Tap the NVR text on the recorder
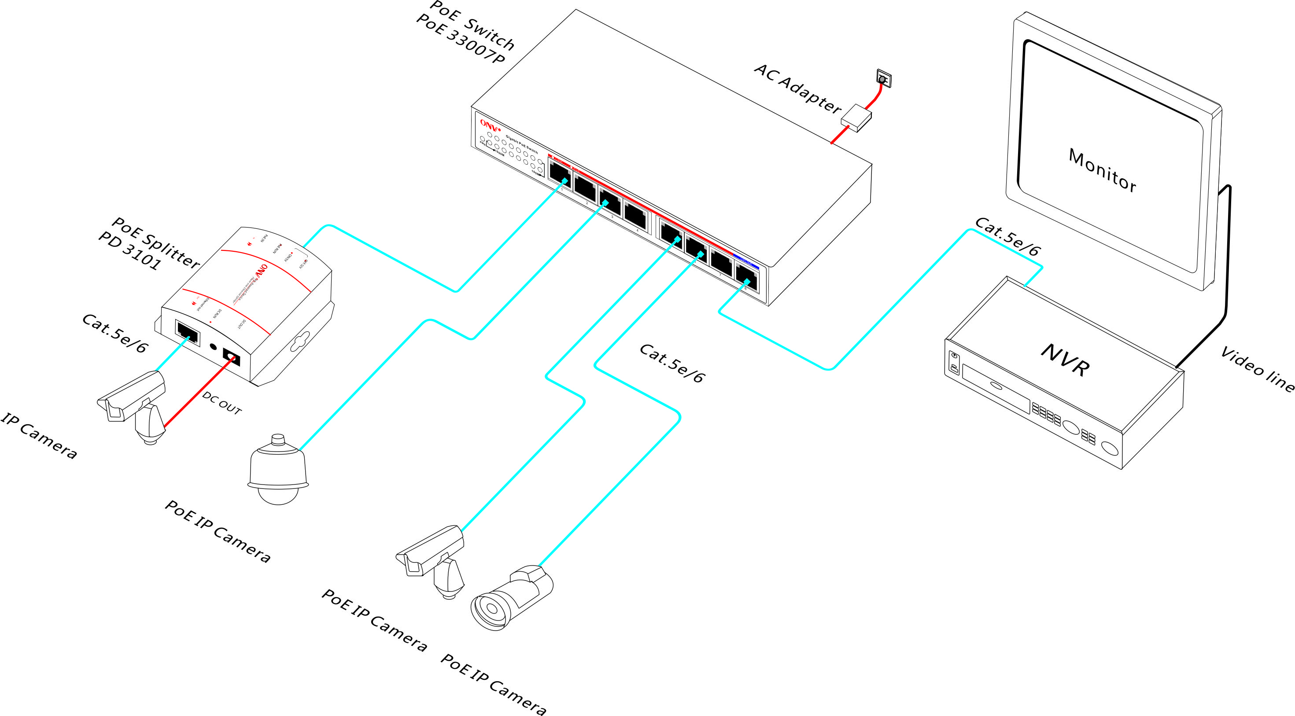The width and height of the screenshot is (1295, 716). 1065,359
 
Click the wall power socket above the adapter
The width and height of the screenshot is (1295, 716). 883,78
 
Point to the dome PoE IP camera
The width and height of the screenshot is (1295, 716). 278,471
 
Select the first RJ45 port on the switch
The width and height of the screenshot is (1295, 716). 559,173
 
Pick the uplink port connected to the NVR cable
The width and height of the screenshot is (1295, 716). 746,276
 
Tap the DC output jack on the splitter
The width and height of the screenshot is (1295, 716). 231,357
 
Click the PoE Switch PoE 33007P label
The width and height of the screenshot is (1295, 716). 465,33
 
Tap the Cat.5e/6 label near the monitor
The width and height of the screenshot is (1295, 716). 1007,237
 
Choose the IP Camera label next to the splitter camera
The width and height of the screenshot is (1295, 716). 39,435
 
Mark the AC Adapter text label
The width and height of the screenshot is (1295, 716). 797,88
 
